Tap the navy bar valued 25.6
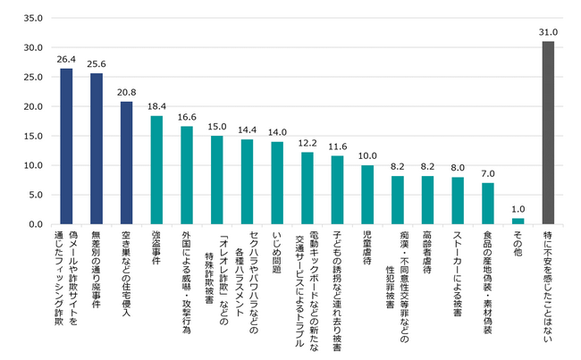(97, 148)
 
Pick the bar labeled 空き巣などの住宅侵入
(126, 163)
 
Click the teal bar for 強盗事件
(156, 170)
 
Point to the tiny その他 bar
(518, 221)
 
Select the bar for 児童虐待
(367, 195)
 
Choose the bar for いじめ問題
(277, 182)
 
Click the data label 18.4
(156, 107)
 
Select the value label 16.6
(187, 118)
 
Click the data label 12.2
(307, 144)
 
